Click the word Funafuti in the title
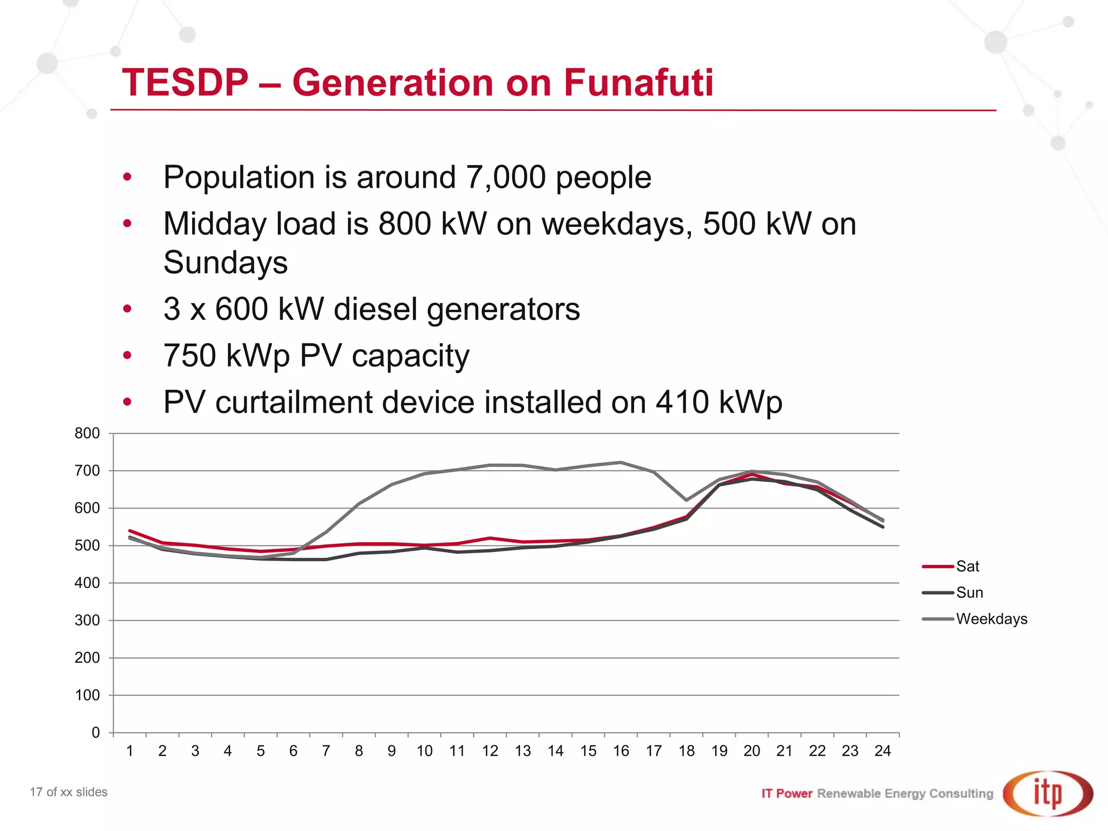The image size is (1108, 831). [638, 83]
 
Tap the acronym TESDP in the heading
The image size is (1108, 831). [185, 83]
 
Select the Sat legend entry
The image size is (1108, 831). [967, 566]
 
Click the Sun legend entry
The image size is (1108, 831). [969, 592]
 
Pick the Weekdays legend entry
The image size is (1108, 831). [991, 619]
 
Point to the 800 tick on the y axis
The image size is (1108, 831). [87, 433]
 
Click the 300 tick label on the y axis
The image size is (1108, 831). [87, 621]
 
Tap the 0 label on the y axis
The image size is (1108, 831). [96, 733]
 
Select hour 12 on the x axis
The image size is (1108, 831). [490, 751]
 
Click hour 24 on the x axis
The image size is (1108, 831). [882, 751]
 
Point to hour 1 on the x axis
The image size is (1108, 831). [130, 751]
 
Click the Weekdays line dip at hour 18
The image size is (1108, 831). [687, 500]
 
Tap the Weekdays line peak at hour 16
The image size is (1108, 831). [621, 463]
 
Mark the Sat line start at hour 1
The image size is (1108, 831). [130, 531]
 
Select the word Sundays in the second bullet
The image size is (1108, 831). [226, 263]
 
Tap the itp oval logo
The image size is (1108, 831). [1047, 793]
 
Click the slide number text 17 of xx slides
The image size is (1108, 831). [69, 792]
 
